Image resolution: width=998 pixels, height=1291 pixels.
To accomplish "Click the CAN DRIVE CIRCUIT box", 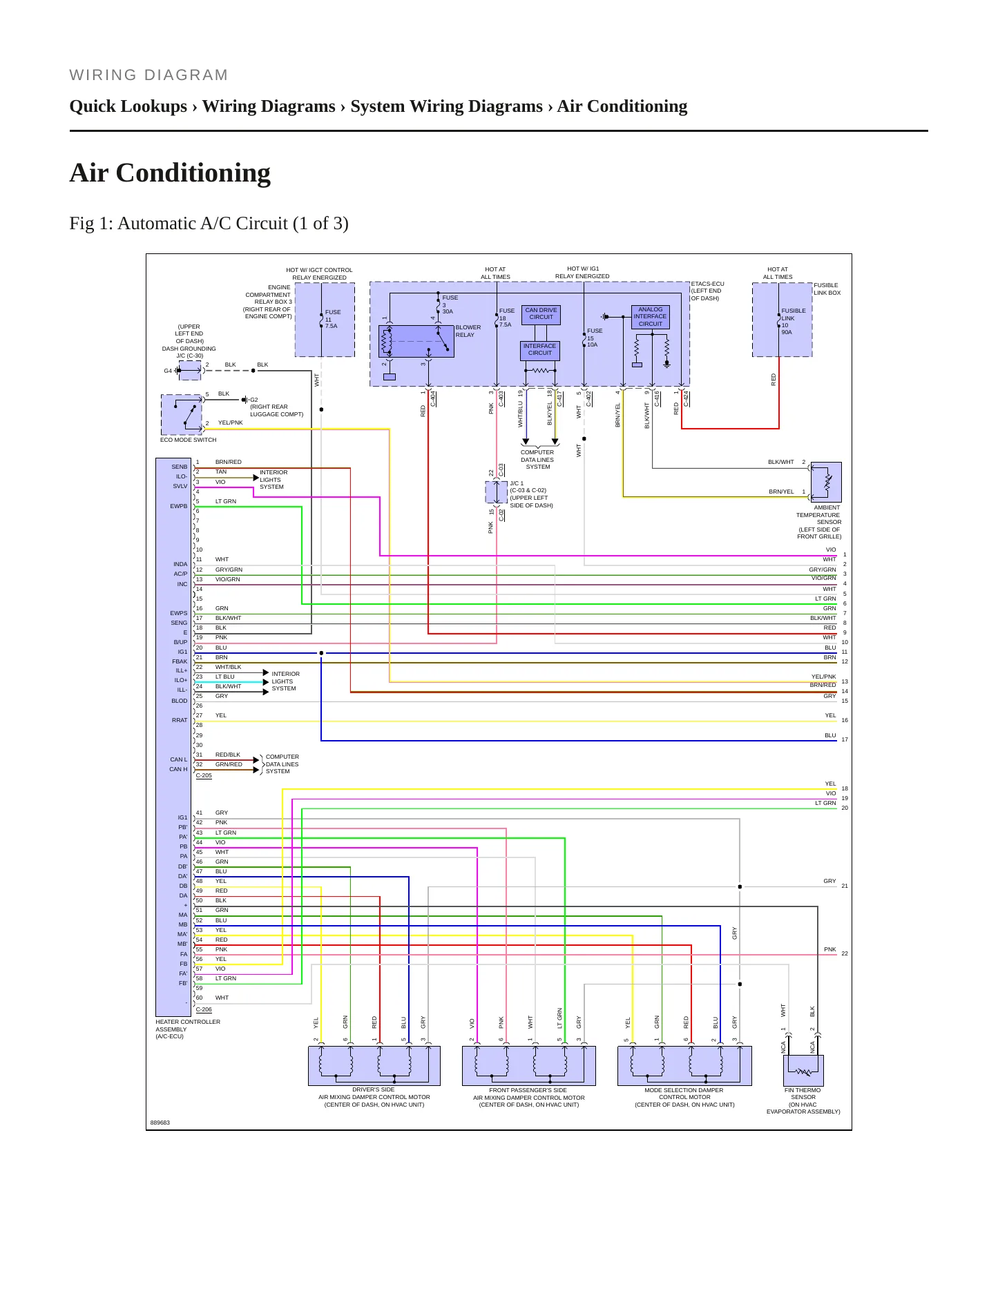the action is pyautogui.click(x=541, y=314).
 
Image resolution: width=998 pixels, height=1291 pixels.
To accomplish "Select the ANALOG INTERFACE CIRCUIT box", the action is pyautogui.click(x=650, y=317).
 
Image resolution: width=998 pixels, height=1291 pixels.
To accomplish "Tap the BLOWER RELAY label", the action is pyautogui.click(x=468, y=331).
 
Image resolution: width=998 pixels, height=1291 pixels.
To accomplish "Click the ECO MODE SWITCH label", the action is pyautogui.click(x=188, y=440).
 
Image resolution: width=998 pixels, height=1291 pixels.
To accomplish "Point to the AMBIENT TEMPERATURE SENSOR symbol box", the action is pyautogui.click(x=826, y=482).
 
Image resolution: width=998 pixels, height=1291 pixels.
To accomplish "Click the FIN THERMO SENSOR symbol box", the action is pyautogui.click(x=803, y=1071).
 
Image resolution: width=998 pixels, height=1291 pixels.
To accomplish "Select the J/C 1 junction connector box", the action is pyautogui.click(x=496, y=492).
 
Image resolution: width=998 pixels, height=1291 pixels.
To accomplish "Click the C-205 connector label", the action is pyautogui.click(x=204, y=776).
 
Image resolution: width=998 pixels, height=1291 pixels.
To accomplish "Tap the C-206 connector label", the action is pyautogui.click(x=204, y=1009).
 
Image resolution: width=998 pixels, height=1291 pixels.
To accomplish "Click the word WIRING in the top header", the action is pyautogui.click(x=103, y=75).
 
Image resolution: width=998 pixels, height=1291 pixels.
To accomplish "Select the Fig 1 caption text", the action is pyautogui.click(x=209, y=224).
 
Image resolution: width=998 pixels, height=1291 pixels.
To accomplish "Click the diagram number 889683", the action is pyautogui.click(x=160, y=1123).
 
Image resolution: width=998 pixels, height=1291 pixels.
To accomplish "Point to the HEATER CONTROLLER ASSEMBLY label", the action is pyautogui.click(x=188, y=1029).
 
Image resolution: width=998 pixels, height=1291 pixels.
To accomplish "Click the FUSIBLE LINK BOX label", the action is pyautogui.click(x=827, y=289).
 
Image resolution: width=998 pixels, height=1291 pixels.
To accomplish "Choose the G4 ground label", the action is pyautogui.click(x=168, y=371).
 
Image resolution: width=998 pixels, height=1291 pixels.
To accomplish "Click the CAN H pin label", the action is pyautogui.click(x=178, y=769).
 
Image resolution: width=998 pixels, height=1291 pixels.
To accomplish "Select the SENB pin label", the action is pyautogui.click(x=180, y=467).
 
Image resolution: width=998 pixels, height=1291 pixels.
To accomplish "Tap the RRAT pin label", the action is pyautogui.click(x=180, y=720).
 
